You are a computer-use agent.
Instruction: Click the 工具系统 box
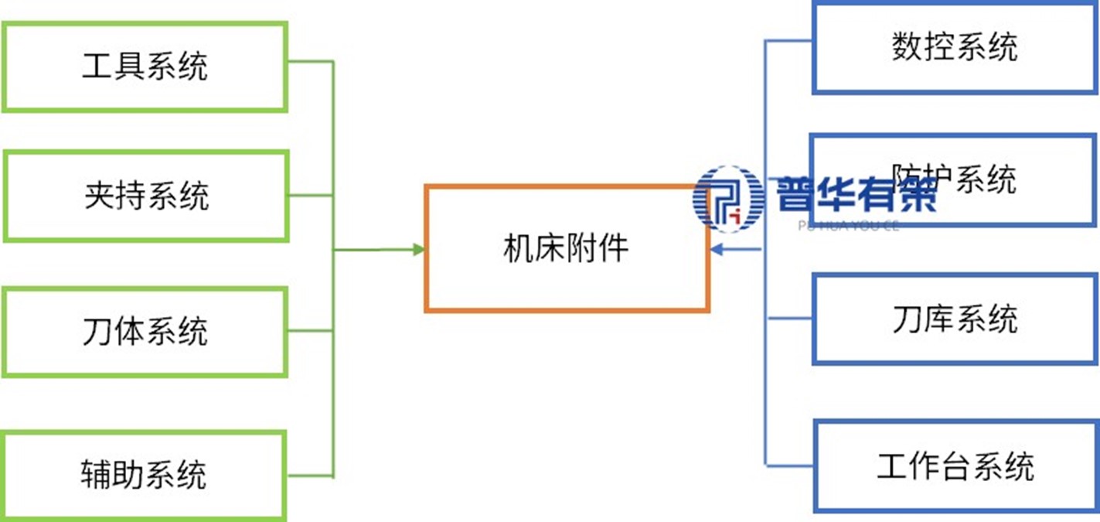[145, 67]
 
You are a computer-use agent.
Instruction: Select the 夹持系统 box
[146, 196]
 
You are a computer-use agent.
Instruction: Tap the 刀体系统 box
[145, 332]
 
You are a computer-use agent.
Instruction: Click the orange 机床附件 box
[566, 249]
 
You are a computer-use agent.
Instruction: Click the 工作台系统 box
[955, 466]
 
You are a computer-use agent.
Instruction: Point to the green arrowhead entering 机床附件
[418, 249]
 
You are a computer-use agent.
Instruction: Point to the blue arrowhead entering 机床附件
[717, 249]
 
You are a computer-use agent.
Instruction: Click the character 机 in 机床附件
[517, 249]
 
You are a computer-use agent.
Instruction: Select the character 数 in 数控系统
[907, 48]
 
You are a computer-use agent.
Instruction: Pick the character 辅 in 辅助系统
[96, 474]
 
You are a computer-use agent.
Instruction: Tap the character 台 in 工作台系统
[955, 466]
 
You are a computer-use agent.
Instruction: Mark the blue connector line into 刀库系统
[788, 318]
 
